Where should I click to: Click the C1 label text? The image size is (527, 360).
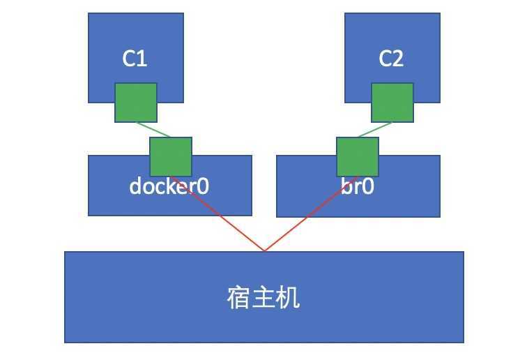coord(135,59)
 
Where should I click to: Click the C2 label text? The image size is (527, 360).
coord(391,59)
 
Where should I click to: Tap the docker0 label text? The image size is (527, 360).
coord(169,187)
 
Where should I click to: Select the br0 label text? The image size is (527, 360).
coord(358,187)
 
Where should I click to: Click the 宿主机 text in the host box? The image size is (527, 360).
coord(263,298)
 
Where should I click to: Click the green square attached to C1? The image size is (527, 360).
coord(136,103)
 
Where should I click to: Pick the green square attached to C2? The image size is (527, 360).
coord(392,103)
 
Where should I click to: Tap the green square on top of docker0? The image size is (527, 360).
coord(171,156)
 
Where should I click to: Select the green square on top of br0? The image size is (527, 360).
coord(358,156)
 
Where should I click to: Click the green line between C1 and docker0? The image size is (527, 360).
coord(153,130)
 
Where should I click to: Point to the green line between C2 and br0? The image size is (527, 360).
coord(375,130)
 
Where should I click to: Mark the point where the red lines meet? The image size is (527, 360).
coord(264,250)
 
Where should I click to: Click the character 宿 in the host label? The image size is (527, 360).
coord(239,298)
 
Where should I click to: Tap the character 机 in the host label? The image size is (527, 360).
coord(289,298)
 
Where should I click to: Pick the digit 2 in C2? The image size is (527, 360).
coord(398,59)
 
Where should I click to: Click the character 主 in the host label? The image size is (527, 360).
coord(263,298)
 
